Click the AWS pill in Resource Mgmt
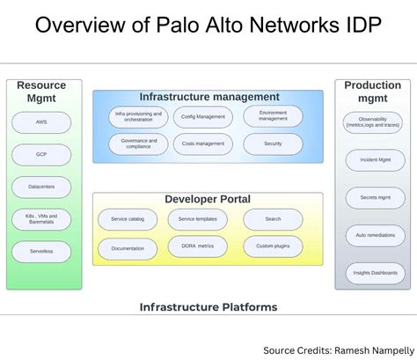point(41,121)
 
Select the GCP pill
point(41,154)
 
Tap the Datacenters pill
point(41,187)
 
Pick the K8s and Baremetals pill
point(41,219)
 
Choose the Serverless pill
point(41,252)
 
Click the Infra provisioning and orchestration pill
point(138,117)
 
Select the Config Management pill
point(203,117)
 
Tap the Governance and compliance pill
point(138,143)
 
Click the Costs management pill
point(203,143)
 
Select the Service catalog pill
point(128,219)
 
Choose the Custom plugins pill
point(273,247)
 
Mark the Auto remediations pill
point(372,235)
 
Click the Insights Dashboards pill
point(372,273)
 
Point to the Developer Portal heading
point(208,200)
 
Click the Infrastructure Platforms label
point(208,307)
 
